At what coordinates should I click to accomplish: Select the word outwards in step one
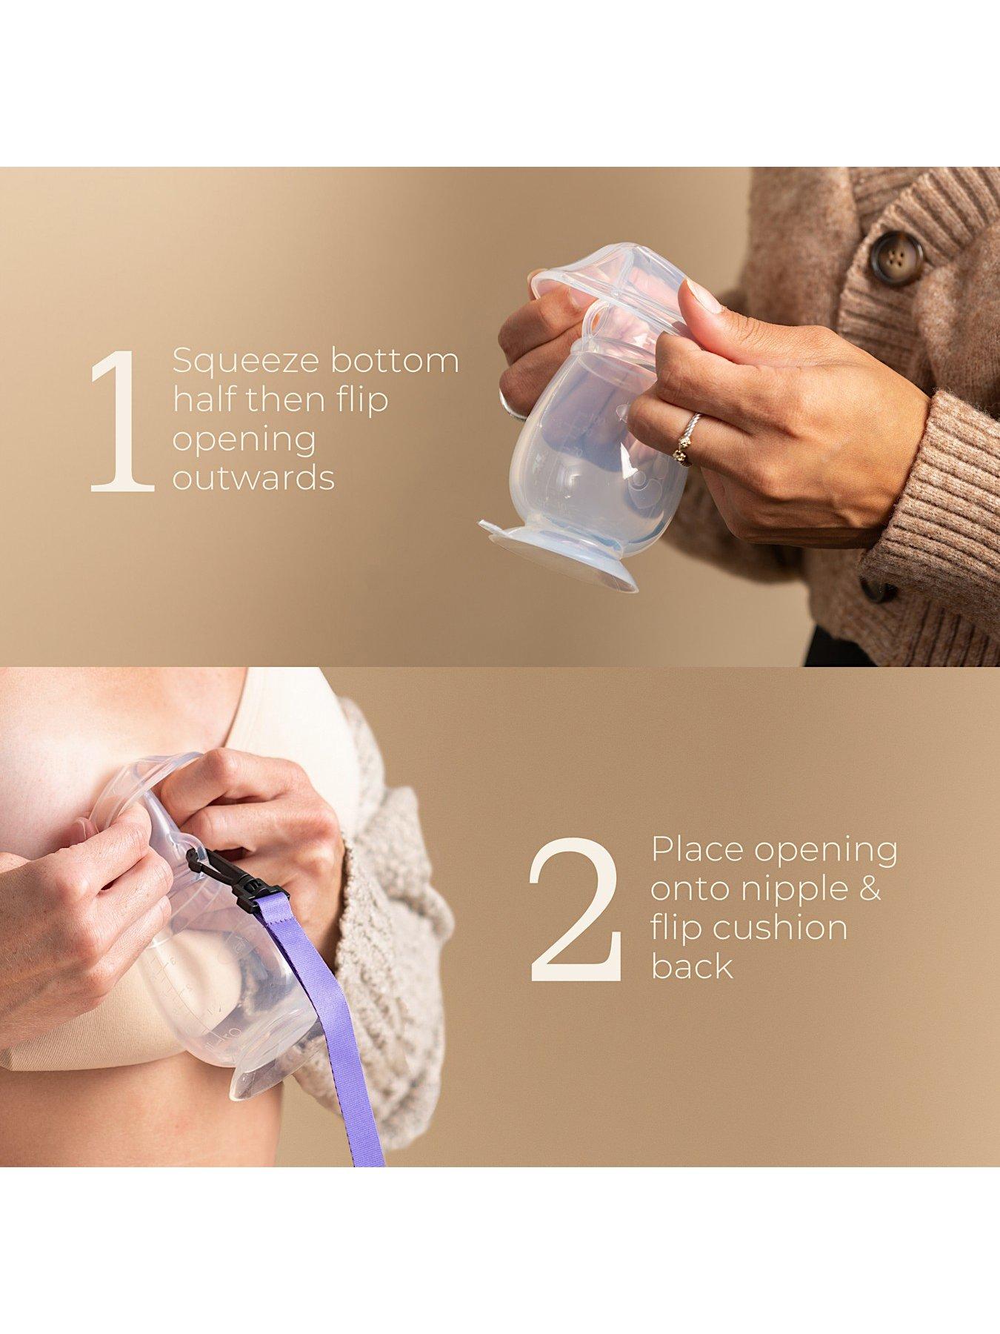click(253, 478)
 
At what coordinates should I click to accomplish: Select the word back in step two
click(692, 966)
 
